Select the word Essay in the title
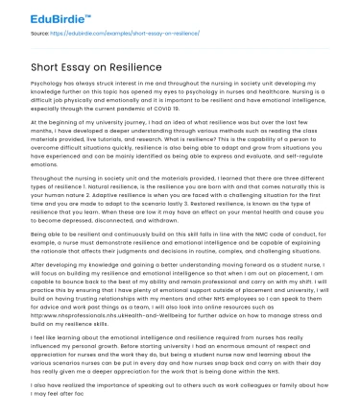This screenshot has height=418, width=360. coord(69,66)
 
